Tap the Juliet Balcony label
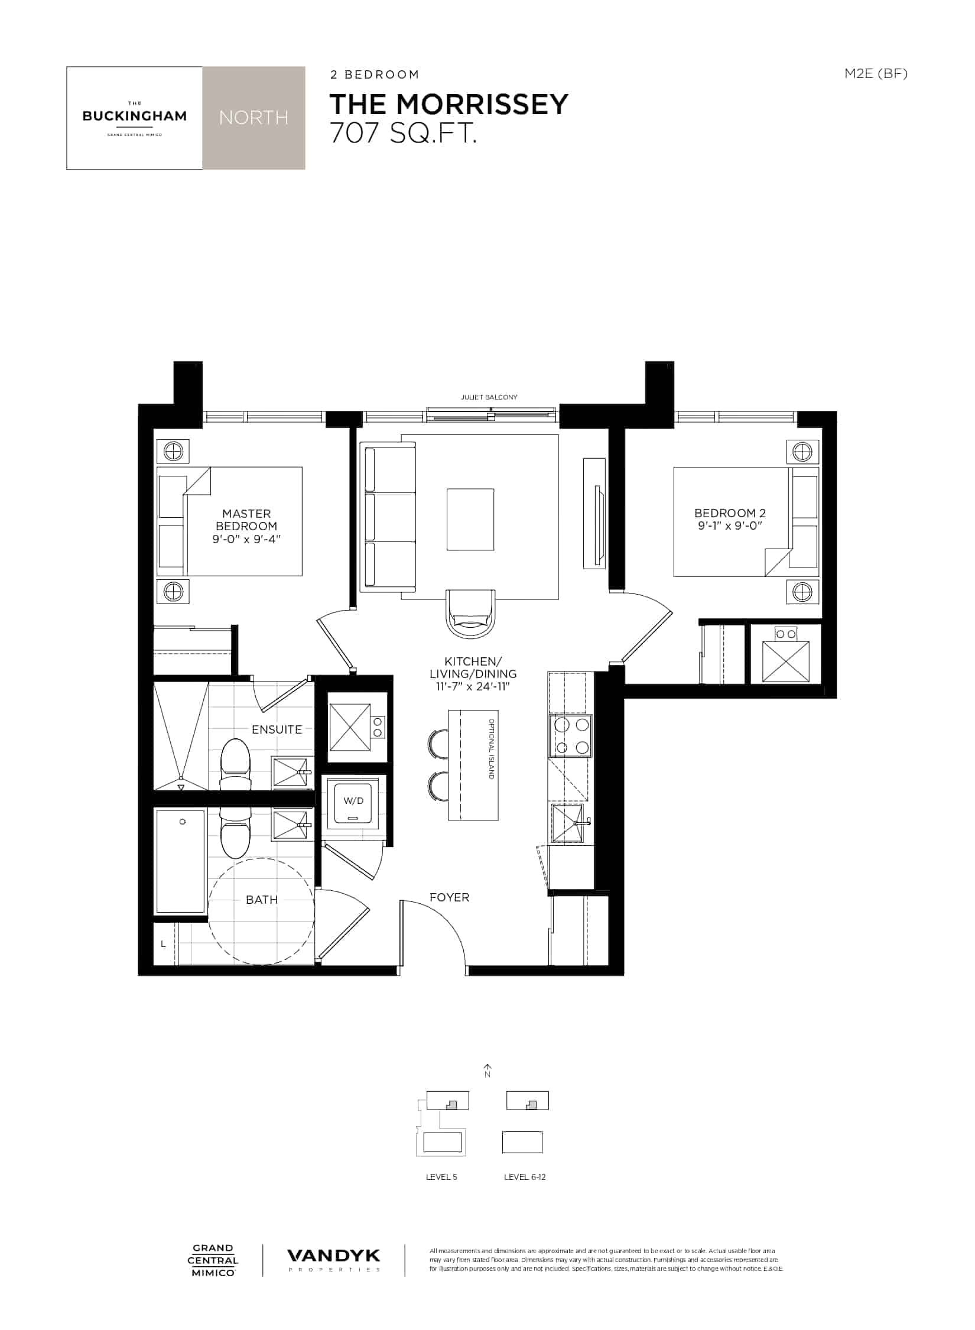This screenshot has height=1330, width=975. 489,397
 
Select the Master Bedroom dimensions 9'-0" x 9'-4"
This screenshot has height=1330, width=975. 246,539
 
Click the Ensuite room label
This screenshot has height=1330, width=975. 277,729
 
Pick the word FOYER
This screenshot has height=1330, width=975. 449,897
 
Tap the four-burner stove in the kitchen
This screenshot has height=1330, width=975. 570,735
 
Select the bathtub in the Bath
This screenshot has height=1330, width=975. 181,861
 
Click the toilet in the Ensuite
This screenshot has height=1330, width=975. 235,765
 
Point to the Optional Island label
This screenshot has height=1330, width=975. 491,749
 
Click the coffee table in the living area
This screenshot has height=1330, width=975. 470,520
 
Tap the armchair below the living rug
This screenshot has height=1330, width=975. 471,613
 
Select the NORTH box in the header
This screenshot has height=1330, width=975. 253,118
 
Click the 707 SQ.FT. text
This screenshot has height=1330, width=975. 403,134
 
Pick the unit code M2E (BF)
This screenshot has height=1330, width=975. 876,73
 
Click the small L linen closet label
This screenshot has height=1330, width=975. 164,944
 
